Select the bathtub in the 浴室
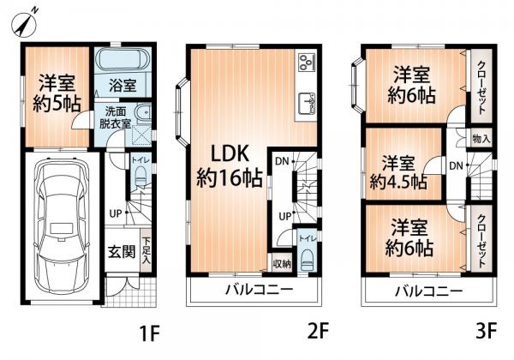tap(123, 59)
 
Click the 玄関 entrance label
tap(122, 252)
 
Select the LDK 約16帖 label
tap(229, 165)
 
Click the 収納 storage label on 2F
tap(282, 264)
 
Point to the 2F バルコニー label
tap(259, 290)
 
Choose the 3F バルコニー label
tap(428, 291)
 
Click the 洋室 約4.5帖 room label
tap(398, 172)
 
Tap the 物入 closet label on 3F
tap(481, 139)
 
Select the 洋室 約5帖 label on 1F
tap(57, 93)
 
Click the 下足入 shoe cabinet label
tap(146, 251)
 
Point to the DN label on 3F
tap(456, 166)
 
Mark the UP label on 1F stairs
tap(116, 213)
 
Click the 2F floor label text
tap(318, 331)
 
